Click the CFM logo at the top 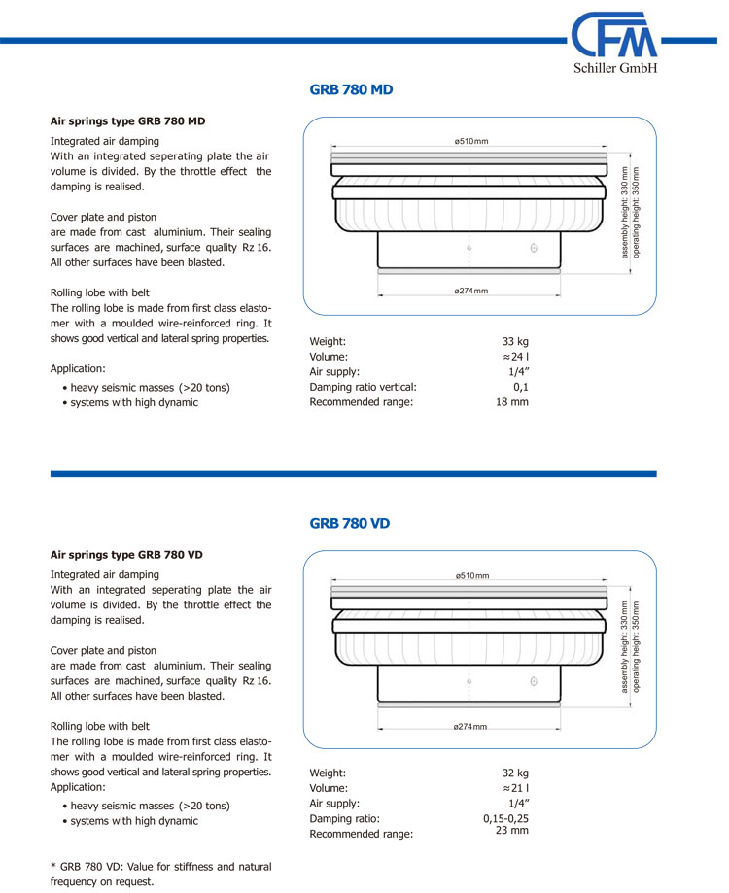(x=614, y=36)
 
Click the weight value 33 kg (x=515, y=341)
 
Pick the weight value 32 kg (x=515, y=773)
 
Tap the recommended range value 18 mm (x=512, y=401)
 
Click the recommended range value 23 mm (x=512, y=830)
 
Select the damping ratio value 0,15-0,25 (x=505, y=818)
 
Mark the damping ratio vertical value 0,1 (x=521, y=387)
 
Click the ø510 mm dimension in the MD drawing (x=471, y=142)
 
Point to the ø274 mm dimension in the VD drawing (x=470, y=727)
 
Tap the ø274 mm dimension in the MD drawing (x=470, y=292)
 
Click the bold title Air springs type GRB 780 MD (x=127, y=121)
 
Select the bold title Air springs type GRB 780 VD (x=126, y=555)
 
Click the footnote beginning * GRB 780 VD (x=160, y=874)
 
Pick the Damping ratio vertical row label (x=363, y=387)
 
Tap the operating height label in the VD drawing (x=637, y=645)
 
